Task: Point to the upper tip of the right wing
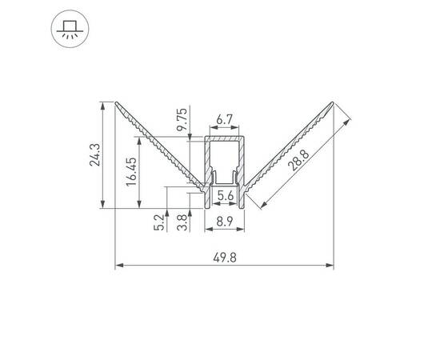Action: click(333, 102)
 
